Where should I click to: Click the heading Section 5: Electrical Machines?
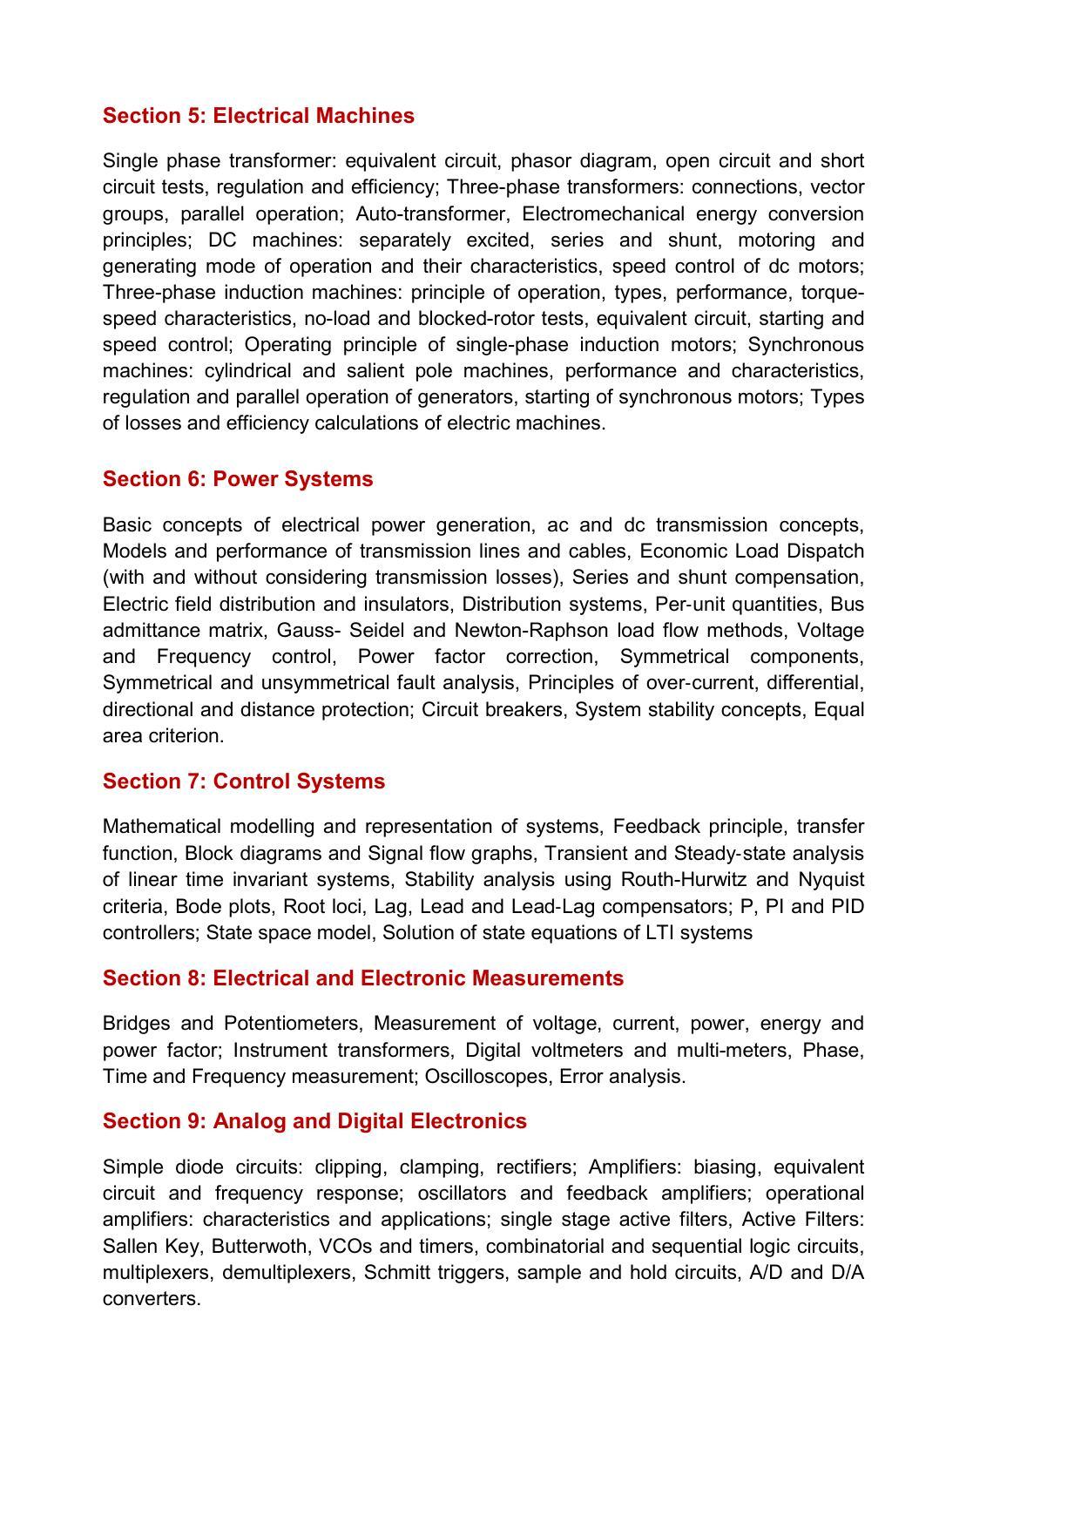point(258,116)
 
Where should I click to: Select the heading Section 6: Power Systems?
point(237,479)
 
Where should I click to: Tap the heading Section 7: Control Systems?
point(243,781)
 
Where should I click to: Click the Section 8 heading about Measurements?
point(362,978)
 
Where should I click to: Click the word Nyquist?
point(831,880)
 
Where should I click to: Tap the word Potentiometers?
point(291,1024)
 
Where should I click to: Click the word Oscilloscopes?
point(486,1077)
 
